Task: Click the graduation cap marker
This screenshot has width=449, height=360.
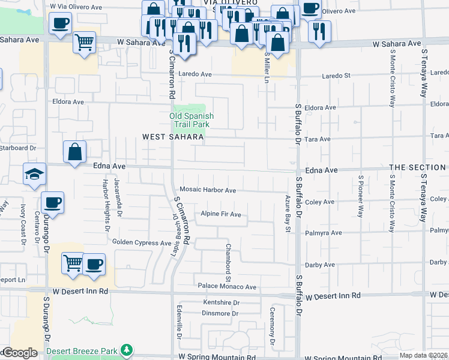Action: click(x=34, y=174)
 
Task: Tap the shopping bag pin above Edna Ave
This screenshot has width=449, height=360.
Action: click(x=74, y=152)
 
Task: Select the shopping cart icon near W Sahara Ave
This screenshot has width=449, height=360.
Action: click(x=85, y=43)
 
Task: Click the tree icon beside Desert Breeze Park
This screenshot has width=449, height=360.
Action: click(x=126, y=349)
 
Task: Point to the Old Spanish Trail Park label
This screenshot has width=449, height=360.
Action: click(x=191, y=120)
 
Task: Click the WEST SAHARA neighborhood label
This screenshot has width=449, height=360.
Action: click(x=173, y=137)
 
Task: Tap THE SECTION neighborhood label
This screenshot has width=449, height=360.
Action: click(x=417, y=167)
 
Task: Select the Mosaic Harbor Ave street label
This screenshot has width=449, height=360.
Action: click(x=208, y=190)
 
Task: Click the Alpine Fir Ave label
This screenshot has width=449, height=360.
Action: click(x=220, y=214)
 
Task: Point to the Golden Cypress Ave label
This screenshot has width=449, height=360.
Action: click(x=142, y=242)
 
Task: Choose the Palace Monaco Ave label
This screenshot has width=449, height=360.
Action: click(x=228, y=287)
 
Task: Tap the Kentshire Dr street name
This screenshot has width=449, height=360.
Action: click(x=221, y=303)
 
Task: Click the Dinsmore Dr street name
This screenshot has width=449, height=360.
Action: click(x=220, y=313)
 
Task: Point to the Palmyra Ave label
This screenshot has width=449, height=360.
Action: click(x=325, y=233)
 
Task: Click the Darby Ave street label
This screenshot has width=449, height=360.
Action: click(x=320, y=265)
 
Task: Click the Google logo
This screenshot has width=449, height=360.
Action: click(x=19, y=353)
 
